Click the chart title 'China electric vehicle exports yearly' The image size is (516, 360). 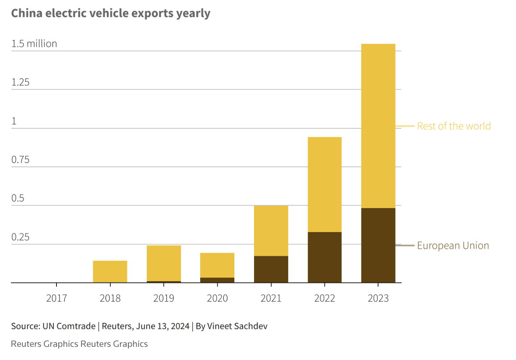110,13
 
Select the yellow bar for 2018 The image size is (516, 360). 110,272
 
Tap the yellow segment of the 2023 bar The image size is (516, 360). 378,126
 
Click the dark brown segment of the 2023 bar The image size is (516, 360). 378,245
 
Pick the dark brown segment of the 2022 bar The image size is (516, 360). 325,258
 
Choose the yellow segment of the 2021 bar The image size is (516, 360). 271,231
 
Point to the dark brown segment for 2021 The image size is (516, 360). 271,269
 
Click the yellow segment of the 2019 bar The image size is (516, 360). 163,263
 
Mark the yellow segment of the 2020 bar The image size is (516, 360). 217,265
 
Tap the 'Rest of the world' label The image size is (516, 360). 454,126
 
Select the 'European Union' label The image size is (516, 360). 453,246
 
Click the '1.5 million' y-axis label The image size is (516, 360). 34,43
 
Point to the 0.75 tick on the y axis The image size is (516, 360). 21,159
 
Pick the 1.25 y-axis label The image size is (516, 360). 21,82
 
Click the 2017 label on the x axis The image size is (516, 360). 57,298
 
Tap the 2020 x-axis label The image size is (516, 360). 217,298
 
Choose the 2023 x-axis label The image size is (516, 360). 378,298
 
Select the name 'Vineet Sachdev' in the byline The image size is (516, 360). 237,326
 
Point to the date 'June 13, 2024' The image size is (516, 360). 163,326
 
